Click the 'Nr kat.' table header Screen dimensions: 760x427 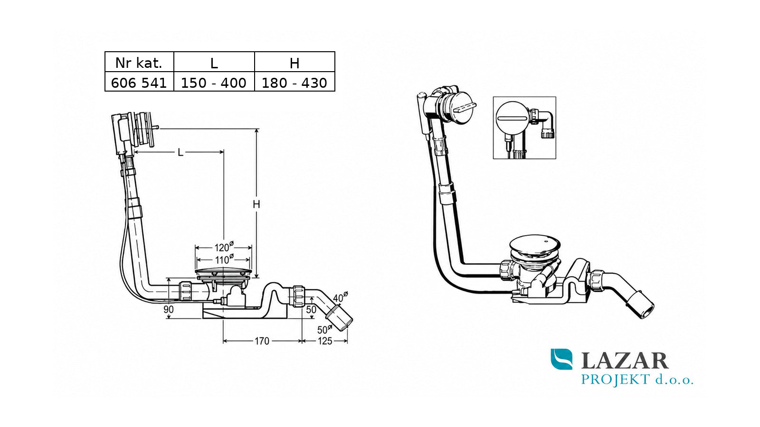[139, 63]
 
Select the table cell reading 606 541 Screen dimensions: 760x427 [139, 83]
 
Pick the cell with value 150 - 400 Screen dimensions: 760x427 [214, 83]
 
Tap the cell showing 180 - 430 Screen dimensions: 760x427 [294, 83]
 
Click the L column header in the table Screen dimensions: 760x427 [214, 64]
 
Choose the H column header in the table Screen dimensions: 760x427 [294, 64]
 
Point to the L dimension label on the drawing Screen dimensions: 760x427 [180, 152]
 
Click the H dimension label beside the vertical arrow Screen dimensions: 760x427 [256, 204]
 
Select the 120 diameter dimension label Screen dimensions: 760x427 [224, 247]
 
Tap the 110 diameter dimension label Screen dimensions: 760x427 [224, 259]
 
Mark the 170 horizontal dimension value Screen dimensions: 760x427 [262, 341]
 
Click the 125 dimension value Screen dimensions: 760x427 [325, 341]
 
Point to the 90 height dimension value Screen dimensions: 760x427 [168, 309]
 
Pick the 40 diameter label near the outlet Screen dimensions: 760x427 [340, 297]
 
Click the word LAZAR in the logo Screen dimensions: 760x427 [625, 361]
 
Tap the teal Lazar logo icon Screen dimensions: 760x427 [561, 359]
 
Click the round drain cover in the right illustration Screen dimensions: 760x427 [535, 246]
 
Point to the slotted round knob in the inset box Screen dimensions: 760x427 [513, 118]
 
